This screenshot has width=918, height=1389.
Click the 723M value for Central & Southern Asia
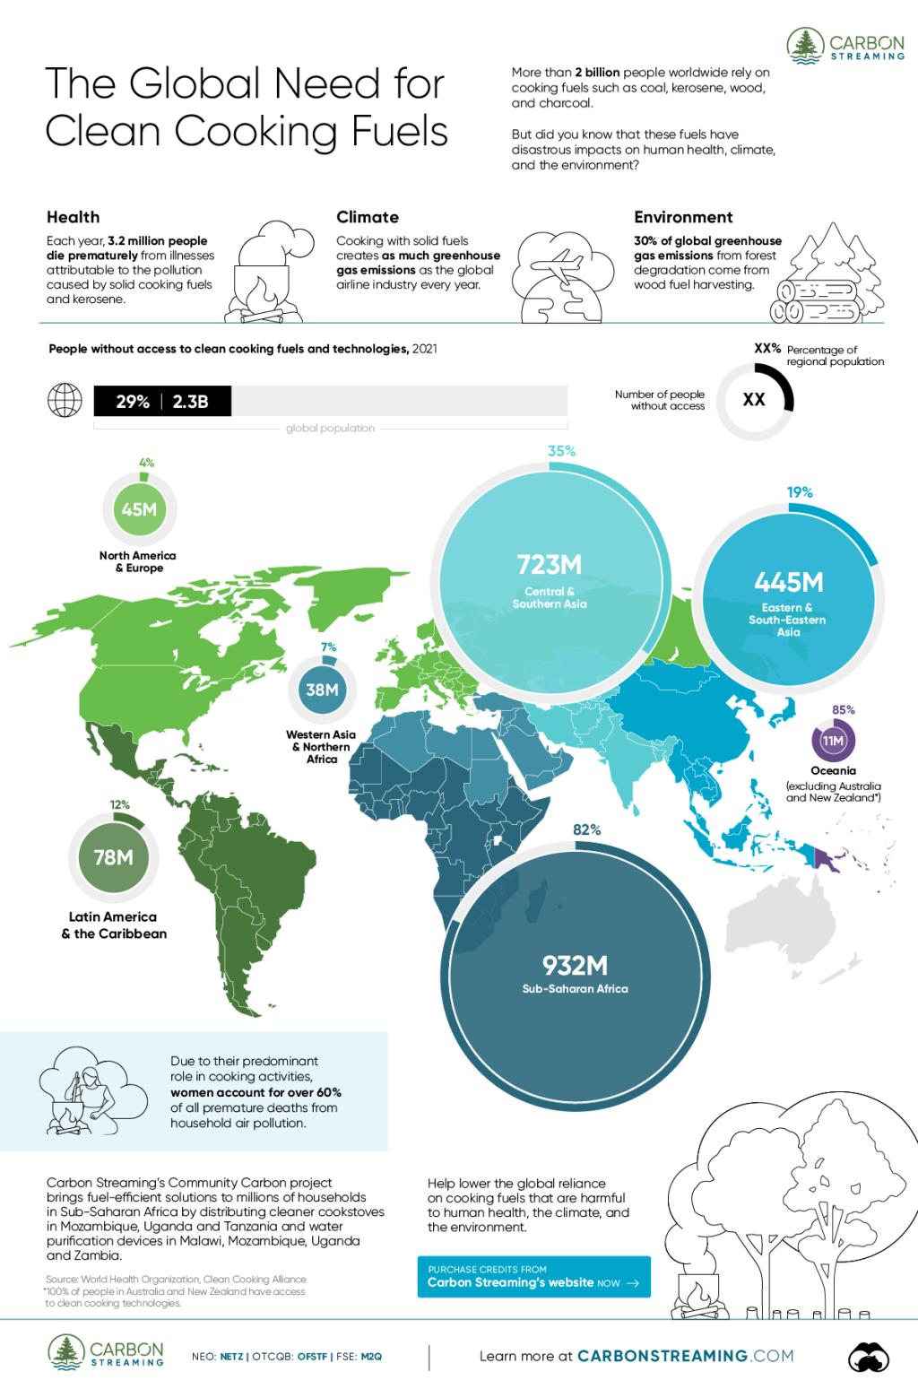point(549,565)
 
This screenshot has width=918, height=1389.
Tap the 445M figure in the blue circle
point(789,583)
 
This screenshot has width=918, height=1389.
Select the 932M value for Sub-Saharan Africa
point(575,965)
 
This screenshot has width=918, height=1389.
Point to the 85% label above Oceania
point(844,709)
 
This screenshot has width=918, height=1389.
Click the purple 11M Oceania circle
point(834,742)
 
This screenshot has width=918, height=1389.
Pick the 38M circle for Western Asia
point(322,690)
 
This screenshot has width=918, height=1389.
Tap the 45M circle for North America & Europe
point(139,509)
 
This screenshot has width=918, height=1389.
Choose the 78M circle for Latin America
point(114,857)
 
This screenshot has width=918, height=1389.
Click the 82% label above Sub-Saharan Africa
point(587,830)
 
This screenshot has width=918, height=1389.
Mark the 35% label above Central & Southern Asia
point(561,452)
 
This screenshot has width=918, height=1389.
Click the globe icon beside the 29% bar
point(65,401)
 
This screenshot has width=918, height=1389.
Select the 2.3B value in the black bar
point(190,402)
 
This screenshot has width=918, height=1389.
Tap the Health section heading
point(73,217)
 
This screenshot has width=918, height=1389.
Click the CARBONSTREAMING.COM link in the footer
point(685,1356)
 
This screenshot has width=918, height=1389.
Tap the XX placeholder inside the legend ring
point(754,400)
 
